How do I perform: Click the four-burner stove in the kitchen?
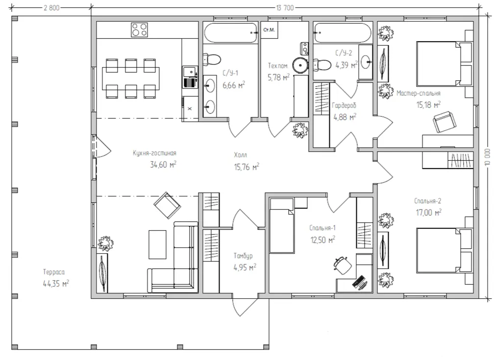click(x=139, y=29)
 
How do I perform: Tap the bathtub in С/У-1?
click(x=230, y=32)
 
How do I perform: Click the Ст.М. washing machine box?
click(x=269, y=30)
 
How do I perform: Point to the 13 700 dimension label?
click(x=285, y=8)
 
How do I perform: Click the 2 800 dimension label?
click(x=51, y=8)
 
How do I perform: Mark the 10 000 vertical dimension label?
click(x=488, y=157)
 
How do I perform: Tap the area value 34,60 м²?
click(x=163, y=165)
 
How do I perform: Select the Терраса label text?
click(x=54, y=272)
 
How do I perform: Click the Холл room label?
click(x=241, y=155)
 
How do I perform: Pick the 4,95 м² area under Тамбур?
click(x=245, y=267)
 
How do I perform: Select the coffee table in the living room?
click(x=157, y=244)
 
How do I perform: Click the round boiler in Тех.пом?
click(x=300, y=65)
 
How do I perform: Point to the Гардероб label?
click(x=344, y=105)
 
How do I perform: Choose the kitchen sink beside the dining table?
click(x=190, y=77)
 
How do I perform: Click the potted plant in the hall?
click(x=300, y=130)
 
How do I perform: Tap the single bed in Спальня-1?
click(x=281, y=225)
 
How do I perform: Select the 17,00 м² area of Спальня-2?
click(x=429, y=213)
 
